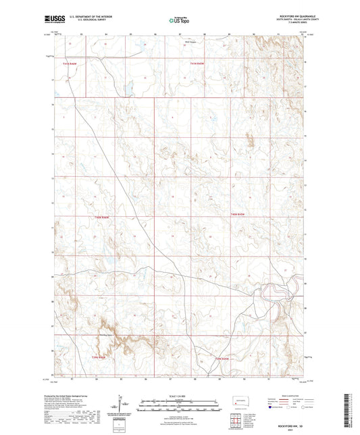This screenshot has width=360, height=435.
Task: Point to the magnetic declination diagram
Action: coord(122,405)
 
